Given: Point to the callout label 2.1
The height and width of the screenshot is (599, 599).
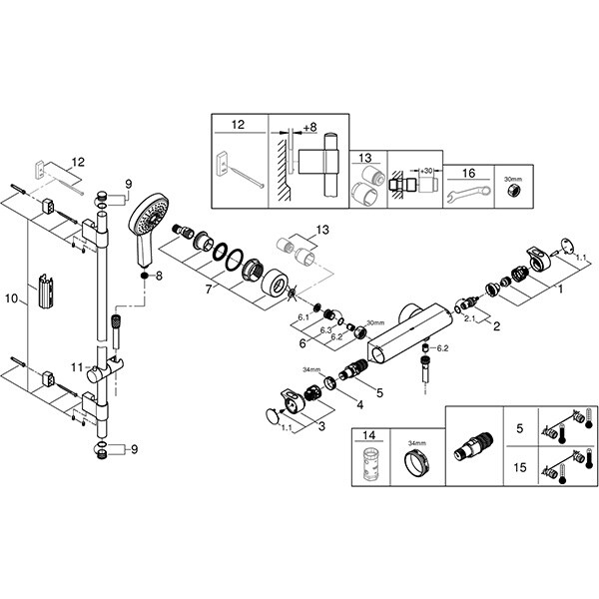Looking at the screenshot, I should point(467,318).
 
